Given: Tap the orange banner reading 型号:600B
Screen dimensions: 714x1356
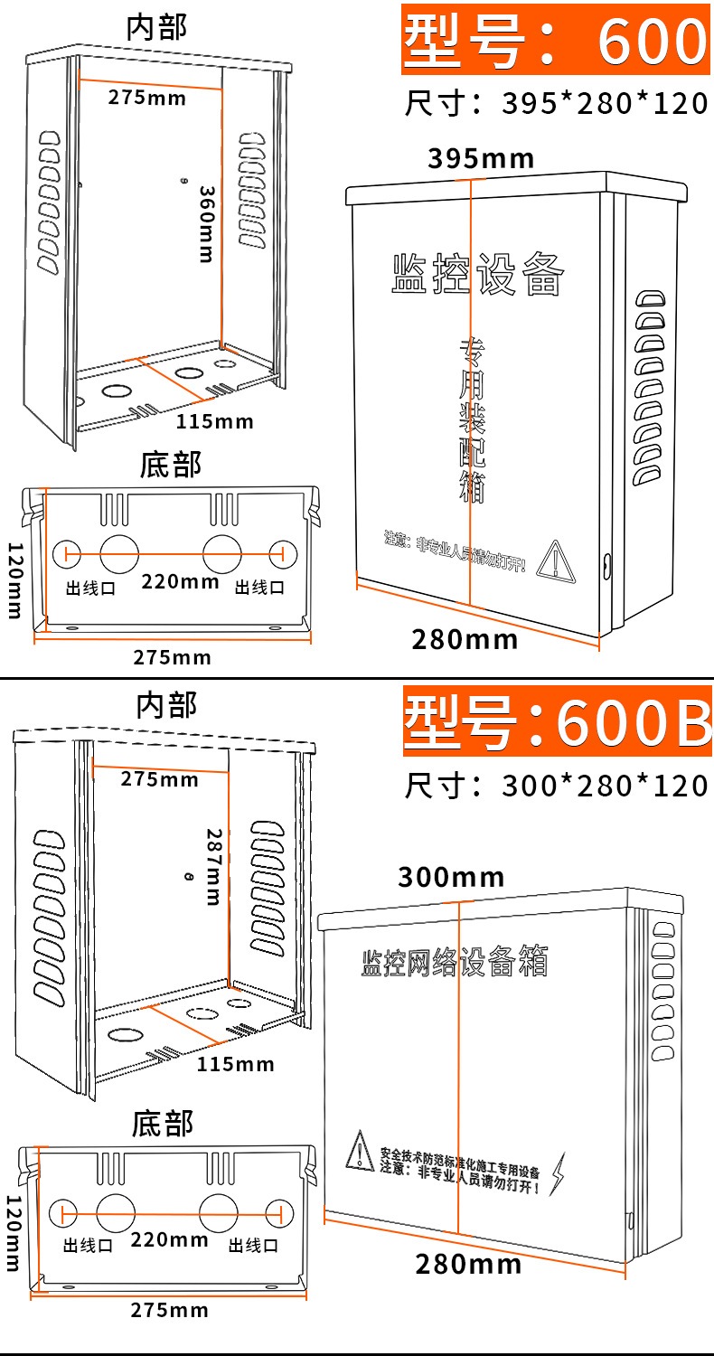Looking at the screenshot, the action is click(x=557, y=720).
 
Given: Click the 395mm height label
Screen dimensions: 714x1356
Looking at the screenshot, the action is click(x=481, y=159).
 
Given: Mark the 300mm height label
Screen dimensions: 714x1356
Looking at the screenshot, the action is click(x=451, y=877).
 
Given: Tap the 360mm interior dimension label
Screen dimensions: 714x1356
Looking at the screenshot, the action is click(x=206, y=224).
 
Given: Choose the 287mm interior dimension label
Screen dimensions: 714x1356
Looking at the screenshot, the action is click(x=213, y=866).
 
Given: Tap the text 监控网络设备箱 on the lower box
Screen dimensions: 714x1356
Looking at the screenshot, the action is click(x=454, y=962).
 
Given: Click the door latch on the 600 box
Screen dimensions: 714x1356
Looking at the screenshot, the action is click(x=605, y=567).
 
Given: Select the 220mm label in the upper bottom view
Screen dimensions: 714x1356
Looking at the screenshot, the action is click(x=180, y=581).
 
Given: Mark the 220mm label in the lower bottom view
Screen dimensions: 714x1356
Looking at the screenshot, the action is click(x=169, y=1239).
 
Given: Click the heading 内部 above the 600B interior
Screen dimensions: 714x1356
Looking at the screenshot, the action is click(x=166, y=705).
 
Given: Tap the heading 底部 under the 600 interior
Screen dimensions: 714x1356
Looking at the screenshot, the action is click(x=170, y=465).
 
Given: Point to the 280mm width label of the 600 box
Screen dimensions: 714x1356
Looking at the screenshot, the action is click(x=465, y=640).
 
